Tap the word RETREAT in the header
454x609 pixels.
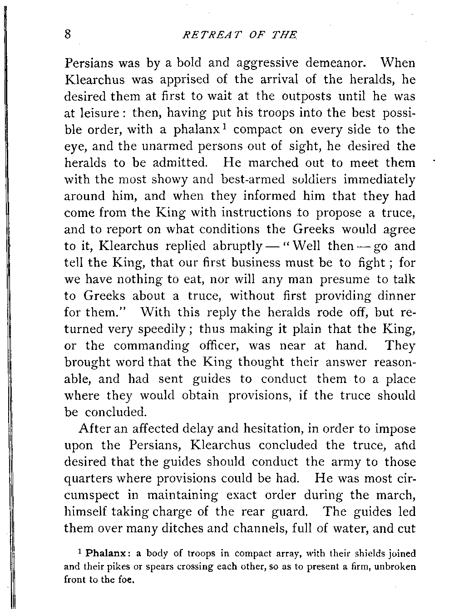click(x=206, y=35)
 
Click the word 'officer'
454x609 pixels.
click(x=220, y=345)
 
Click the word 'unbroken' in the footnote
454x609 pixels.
click(x=395, y=566)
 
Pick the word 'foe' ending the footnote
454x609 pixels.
click(x=128, y=580)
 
